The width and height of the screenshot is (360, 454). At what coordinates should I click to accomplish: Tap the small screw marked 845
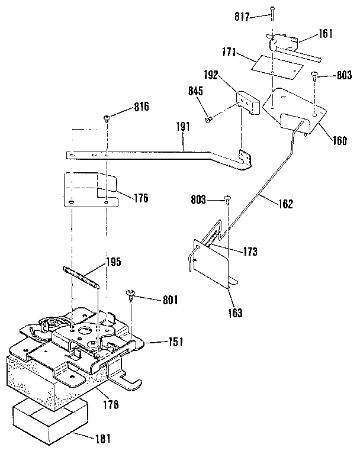[208, 120]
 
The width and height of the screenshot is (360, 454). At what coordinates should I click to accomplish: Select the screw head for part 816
[107, 118]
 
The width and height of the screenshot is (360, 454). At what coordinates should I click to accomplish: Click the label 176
[140, 198]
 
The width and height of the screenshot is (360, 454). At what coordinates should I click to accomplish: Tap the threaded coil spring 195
[79, 276]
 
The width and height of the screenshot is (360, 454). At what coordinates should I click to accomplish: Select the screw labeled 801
[130, 294]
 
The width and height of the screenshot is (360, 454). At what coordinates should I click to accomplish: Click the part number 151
[175, 342]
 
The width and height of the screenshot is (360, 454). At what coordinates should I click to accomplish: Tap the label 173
[249, 252]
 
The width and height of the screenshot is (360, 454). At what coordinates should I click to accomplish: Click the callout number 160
[339, 141]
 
